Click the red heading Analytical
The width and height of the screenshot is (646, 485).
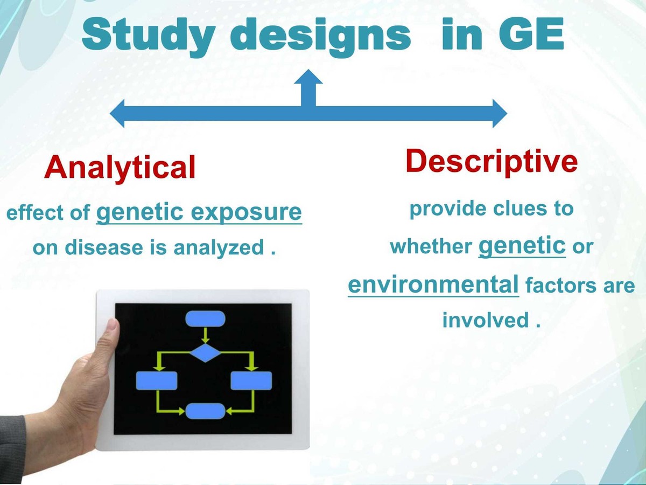(x=120, y=168)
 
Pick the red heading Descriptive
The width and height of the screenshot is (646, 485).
(x=491, y=160)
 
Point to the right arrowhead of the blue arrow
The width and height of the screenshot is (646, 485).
(x=499, y=114)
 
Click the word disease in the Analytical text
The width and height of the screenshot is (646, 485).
(x=116, y=248)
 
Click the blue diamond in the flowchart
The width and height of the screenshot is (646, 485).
(x=205, y=354)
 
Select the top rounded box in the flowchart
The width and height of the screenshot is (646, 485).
(x=205, y=319)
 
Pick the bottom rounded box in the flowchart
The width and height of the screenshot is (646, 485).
(x=205, y=411)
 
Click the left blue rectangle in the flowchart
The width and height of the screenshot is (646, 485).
(x=157, y=380)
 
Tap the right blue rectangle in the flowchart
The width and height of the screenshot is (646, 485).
(x=251, y=380)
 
